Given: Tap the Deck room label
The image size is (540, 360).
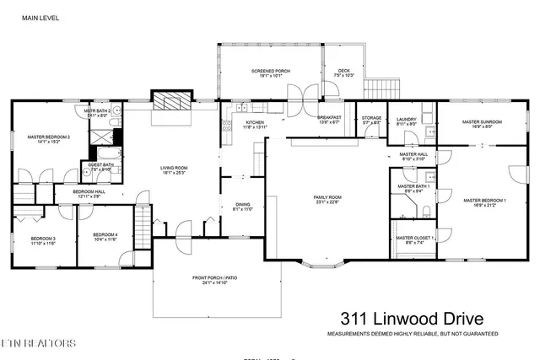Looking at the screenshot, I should click(x=343, y=73).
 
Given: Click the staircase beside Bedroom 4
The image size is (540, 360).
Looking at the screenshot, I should click(x=144, y=230).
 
